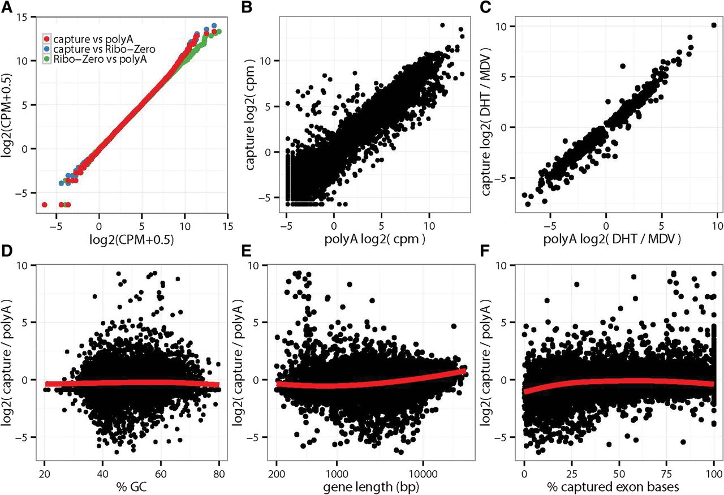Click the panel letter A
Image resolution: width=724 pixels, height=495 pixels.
click(x=7, y=7)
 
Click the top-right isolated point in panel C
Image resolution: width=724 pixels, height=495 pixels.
click(x=713, y=25)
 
